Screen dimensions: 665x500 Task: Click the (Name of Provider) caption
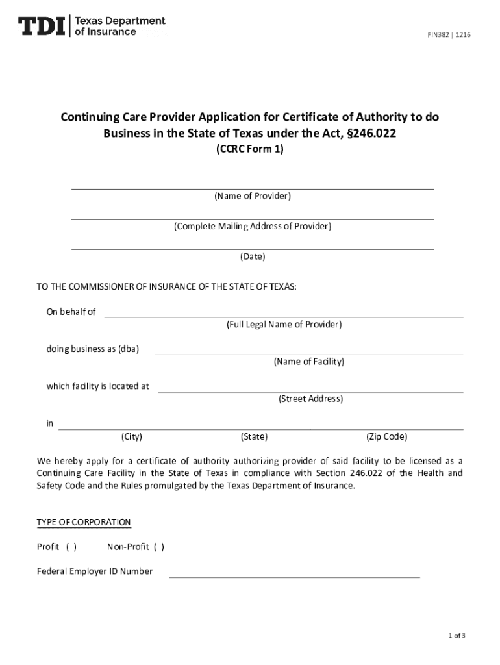point(253,196)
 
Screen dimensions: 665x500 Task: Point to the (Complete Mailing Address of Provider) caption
point(252,227)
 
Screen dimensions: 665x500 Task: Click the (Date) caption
point(253,257)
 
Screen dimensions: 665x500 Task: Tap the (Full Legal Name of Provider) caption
point(284,325)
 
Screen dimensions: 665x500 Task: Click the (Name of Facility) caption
point(308,362)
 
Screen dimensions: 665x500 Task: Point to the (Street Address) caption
point(310,399)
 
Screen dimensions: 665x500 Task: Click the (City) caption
point(132,437)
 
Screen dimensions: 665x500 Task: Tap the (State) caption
point(254,437)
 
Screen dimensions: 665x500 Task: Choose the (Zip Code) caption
point(387,437)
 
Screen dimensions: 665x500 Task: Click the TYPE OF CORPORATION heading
point(84,523)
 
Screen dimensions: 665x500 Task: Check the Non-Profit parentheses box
point(159,547)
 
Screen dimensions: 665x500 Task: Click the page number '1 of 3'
point(456,636)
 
